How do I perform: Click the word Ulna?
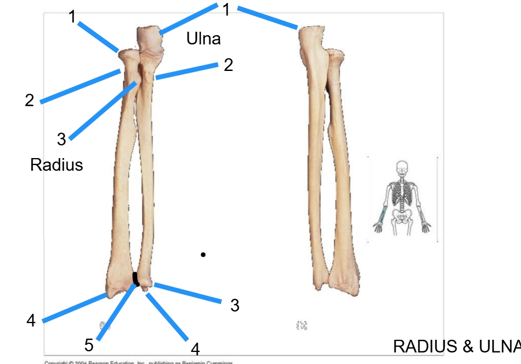pyautogui.click(x=203, y=39)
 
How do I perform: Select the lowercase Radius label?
pyautogui.click(x=56, y=165)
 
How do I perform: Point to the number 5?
pyautogui.click(x=89, y=345)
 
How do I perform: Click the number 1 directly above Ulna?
pyautogui.click(x=227, y=10)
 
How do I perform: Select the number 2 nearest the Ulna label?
pyautogui.click(x=228, y=65)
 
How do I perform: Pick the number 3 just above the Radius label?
pyautogui.click(x=61, y=139)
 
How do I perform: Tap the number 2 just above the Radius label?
pyautogui.click(x=29, y=100)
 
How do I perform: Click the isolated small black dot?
pyautogui.click(x=203, y=254)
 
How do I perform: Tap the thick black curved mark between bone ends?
pyautogui.click(x=136, y=279)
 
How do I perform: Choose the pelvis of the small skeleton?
pyautogui.click(x=402, y=215)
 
